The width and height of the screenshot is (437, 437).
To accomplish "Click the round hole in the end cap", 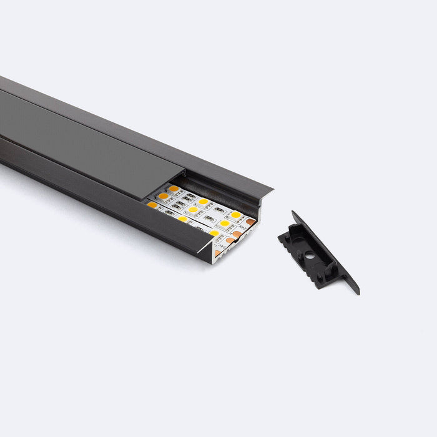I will click(307, 255).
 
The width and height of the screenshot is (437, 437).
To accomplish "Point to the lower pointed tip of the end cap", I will click(357, 292).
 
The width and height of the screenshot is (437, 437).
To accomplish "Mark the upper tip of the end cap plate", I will click(293, 213).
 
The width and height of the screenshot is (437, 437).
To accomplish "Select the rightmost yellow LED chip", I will click(236, 215).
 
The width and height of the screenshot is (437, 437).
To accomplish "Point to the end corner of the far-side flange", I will click(272, 187).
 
